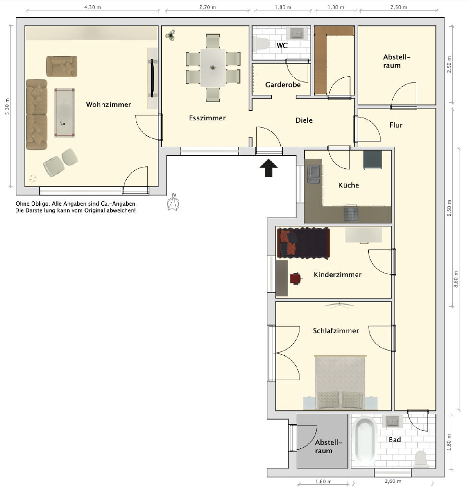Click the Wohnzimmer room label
click(108, 105)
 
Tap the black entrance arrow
click(269, 168)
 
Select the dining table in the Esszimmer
click(213, 68)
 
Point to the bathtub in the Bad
click(364, 441)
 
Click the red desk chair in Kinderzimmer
click(296, 279)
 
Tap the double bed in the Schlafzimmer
click(340, 382)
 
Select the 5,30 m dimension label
click(7, 106)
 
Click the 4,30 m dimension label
click(93, 7)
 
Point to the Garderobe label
click(283, 85)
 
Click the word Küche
click(349, 185)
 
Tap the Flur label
click(396, 125)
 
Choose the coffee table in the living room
click(65, 113)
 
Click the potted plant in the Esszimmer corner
click(170, 35)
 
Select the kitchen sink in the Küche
click(314, 175)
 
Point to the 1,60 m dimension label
click(323, 481)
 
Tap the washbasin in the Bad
click(392, 421)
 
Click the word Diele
click(304, 120)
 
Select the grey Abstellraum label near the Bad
click(328, 446)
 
